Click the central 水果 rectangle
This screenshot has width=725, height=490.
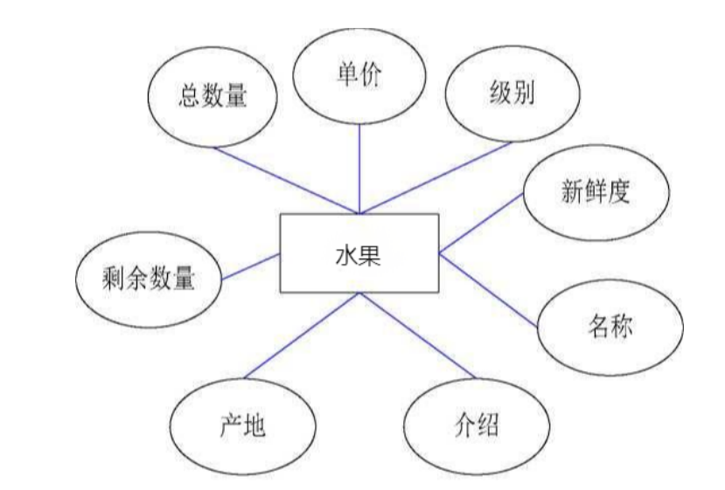click(359, 253)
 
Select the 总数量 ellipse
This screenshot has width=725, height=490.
click(213, 97)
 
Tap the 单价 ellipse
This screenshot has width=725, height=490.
click(360, 75)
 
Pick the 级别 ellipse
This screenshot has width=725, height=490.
click(512, 94)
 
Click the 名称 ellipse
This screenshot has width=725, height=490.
click(608, 328)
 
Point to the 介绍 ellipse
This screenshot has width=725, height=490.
click(477, 427)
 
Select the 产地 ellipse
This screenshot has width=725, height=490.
click(242, 427)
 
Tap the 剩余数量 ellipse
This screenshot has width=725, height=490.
click(148, 280)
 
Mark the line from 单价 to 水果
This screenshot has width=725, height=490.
click(359, 166)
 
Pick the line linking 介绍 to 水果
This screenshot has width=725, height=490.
click(417, 336)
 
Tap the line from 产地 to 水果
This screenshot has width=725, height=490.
click(302, 336)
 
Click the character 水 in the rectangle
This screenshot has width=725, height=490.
click(346, 255)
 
